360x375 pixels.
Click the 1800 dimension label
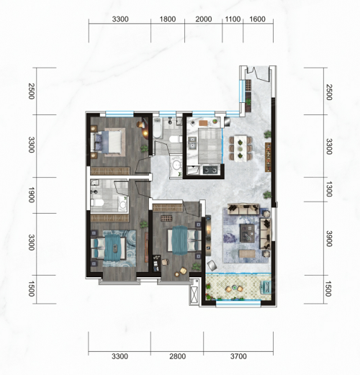click(x=168, y=19)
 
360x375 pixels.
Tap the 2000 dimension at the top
click(x=203, y=19)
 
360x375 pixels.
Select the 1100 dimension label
click(x=233, y=19)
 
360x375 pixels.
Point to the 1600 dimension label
click(x=257, y=19)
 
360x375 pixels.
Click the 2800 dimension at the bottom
click(x=177, y=356)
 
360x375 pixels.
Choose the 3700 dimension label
click(x=238, y=356)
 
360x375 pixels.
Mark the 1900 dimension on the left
click(x=32, y=195)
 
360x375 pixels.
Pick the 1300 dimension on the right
click(x=329, y=189)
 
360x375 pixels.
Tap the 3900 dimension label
click(x=329, y=239)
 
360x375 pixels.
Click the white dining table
click(x=240, y=148)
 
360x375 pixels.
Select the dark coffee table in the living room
click(x=247, y=233)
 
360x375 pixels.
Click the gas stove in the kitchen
click(x=210, y=170)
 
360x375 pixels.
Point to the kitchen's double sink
click(x=192, y=143)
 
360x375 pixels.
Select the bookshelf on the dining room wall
click(x=268, y=157)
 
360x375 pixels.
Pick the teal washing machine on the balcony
click(x=266, y=287)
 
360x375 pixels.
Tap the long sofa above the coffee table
click(x=243, y=209)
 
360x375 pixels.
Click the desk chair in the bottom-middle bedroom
click(x=165, y=262)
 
